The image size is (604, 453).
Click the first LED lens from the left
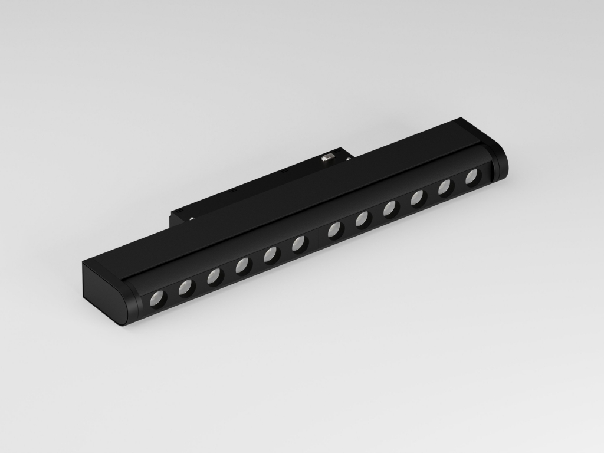[x=157, y=299]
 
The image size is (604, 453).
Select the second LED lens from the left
[x=186, y=288]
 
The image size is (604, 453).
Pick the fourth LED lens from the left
[x=242, y=266]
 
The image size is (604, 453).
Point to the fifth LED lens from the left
[x=271, y=255]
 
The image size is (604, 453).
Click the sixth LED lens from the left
[x=299, y=243]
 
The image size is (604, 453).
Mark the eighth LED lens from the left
[x=362, y=219]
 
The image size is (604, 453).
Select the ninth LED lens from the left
[x=390, y=208]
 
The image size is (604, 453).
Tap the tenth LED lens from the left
[x=418, y=198]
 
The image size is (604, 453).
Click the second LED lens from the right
[x=445, y=187]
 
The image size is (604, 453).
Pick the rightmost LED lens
[x=472, y=176]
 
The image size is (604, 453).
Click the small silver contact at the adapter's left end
[x=193, y=218]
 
